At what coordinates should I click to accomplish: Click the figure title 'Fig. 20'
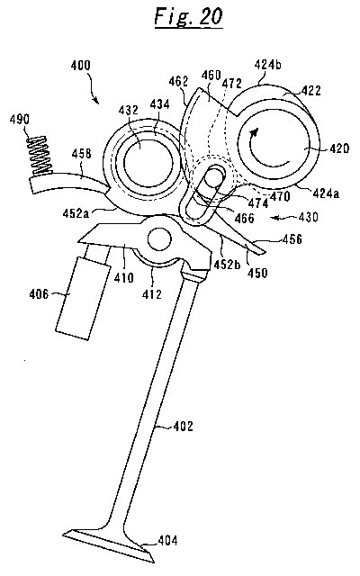pos(188,16)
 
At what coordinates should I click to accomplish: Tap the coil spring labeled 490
pos(39,157)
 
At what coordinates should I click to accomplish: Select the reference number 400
pos(80,66)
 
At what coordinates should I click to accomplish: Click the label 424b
pos(268,65)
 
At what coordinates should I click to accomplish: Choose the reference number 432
pos(128,110)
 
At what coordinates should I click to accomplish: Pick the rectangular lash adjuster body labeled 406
pos(83,298)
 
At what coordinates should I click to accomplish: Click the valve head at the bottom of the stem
pos(109,544)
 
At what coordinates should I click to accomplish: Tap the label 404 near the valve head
pos(168,540)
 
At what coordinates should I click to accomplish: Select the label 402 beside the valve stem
pos(183,426)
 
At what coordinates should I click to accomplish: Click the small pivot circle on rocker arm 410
pos(160,239)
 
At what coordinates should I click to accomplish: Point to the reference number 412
pos(152,294)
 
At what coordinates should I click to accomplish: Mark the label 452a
pos(76,213)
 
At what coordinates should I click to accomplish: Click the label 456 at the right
pos(292,239)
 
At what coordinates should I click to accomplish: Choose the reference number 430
pos(308,217)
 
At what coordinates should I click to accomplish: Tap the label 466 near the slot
pos(244,218)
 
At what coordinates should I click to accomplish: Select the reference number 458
pos(81,153)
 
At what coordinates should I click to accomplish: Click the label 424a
pos(326,193)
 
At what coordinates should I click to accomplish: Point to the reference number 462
pos(178,81)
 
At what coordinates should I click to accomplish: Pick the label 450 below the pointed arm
pos(257,273)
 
